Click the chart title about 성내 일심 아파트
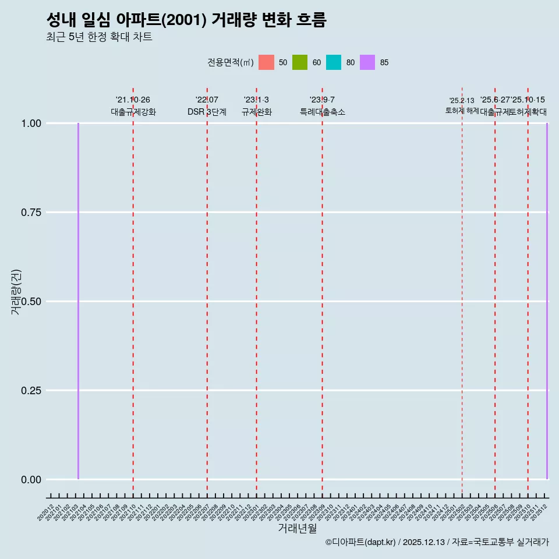coord(186,20)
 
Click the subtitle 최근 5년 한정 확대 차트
coord(99,38)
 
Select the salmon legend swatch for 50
coord(266,62)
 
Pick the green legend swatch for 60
coord(300,62)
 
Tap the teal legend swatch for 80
coord(334,62)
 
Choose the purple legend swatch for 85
coord(367,62)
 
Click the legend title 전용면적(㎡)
coord(231,62)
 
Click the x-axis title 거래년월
coord(297,528)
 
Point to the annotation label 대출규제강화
coord(133,112)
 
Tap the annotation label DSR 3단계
coord(207,112)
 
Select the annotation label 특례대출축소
coord(323,112)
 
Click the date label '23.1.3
coord(256,100)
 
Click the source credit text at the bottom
coord(437,542)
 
